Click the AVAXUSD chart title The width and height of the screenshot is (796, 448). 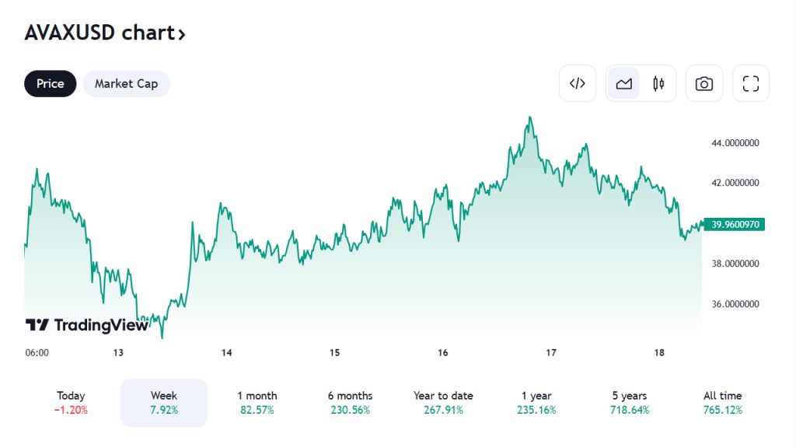(105, 33)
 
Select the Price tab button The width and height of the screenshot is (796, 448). (51, 84)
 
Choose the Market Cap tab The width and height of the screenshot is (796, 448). (126, 84)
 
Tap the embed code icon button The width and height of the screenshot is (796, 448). (578, 84)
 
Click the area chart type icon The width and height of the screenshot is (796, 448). (623, 84)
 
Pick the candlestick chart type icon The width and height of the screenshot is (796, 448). (658, 84)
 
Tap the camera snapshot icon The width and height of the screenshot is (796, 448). (704, 84)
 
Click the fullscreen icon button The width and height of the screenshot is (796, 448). (750, 84)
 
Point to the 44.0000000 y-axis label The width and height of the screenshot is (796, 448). (735, 143)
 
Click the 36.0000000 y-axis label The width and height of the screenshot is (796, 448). (735, 304)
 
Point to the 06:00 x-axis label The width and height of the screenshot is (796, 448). (37, 352)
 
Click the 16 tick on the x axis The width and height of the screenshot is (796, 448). (442, 352)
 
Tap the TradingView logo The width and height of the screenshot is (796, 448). (86, 325)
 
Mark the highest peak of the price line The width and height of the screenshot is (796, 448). (530, 117)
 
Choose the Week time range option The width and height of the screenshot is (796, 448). (164, 402)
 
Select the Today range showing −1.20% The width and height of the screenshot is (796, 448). (71, 403)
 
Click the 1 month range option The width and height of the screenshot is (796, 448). (257, 402)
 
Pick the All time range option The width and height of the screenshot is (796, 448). (723, 402)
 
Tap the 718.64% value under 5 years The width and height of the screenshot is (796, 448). (630, 410)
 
